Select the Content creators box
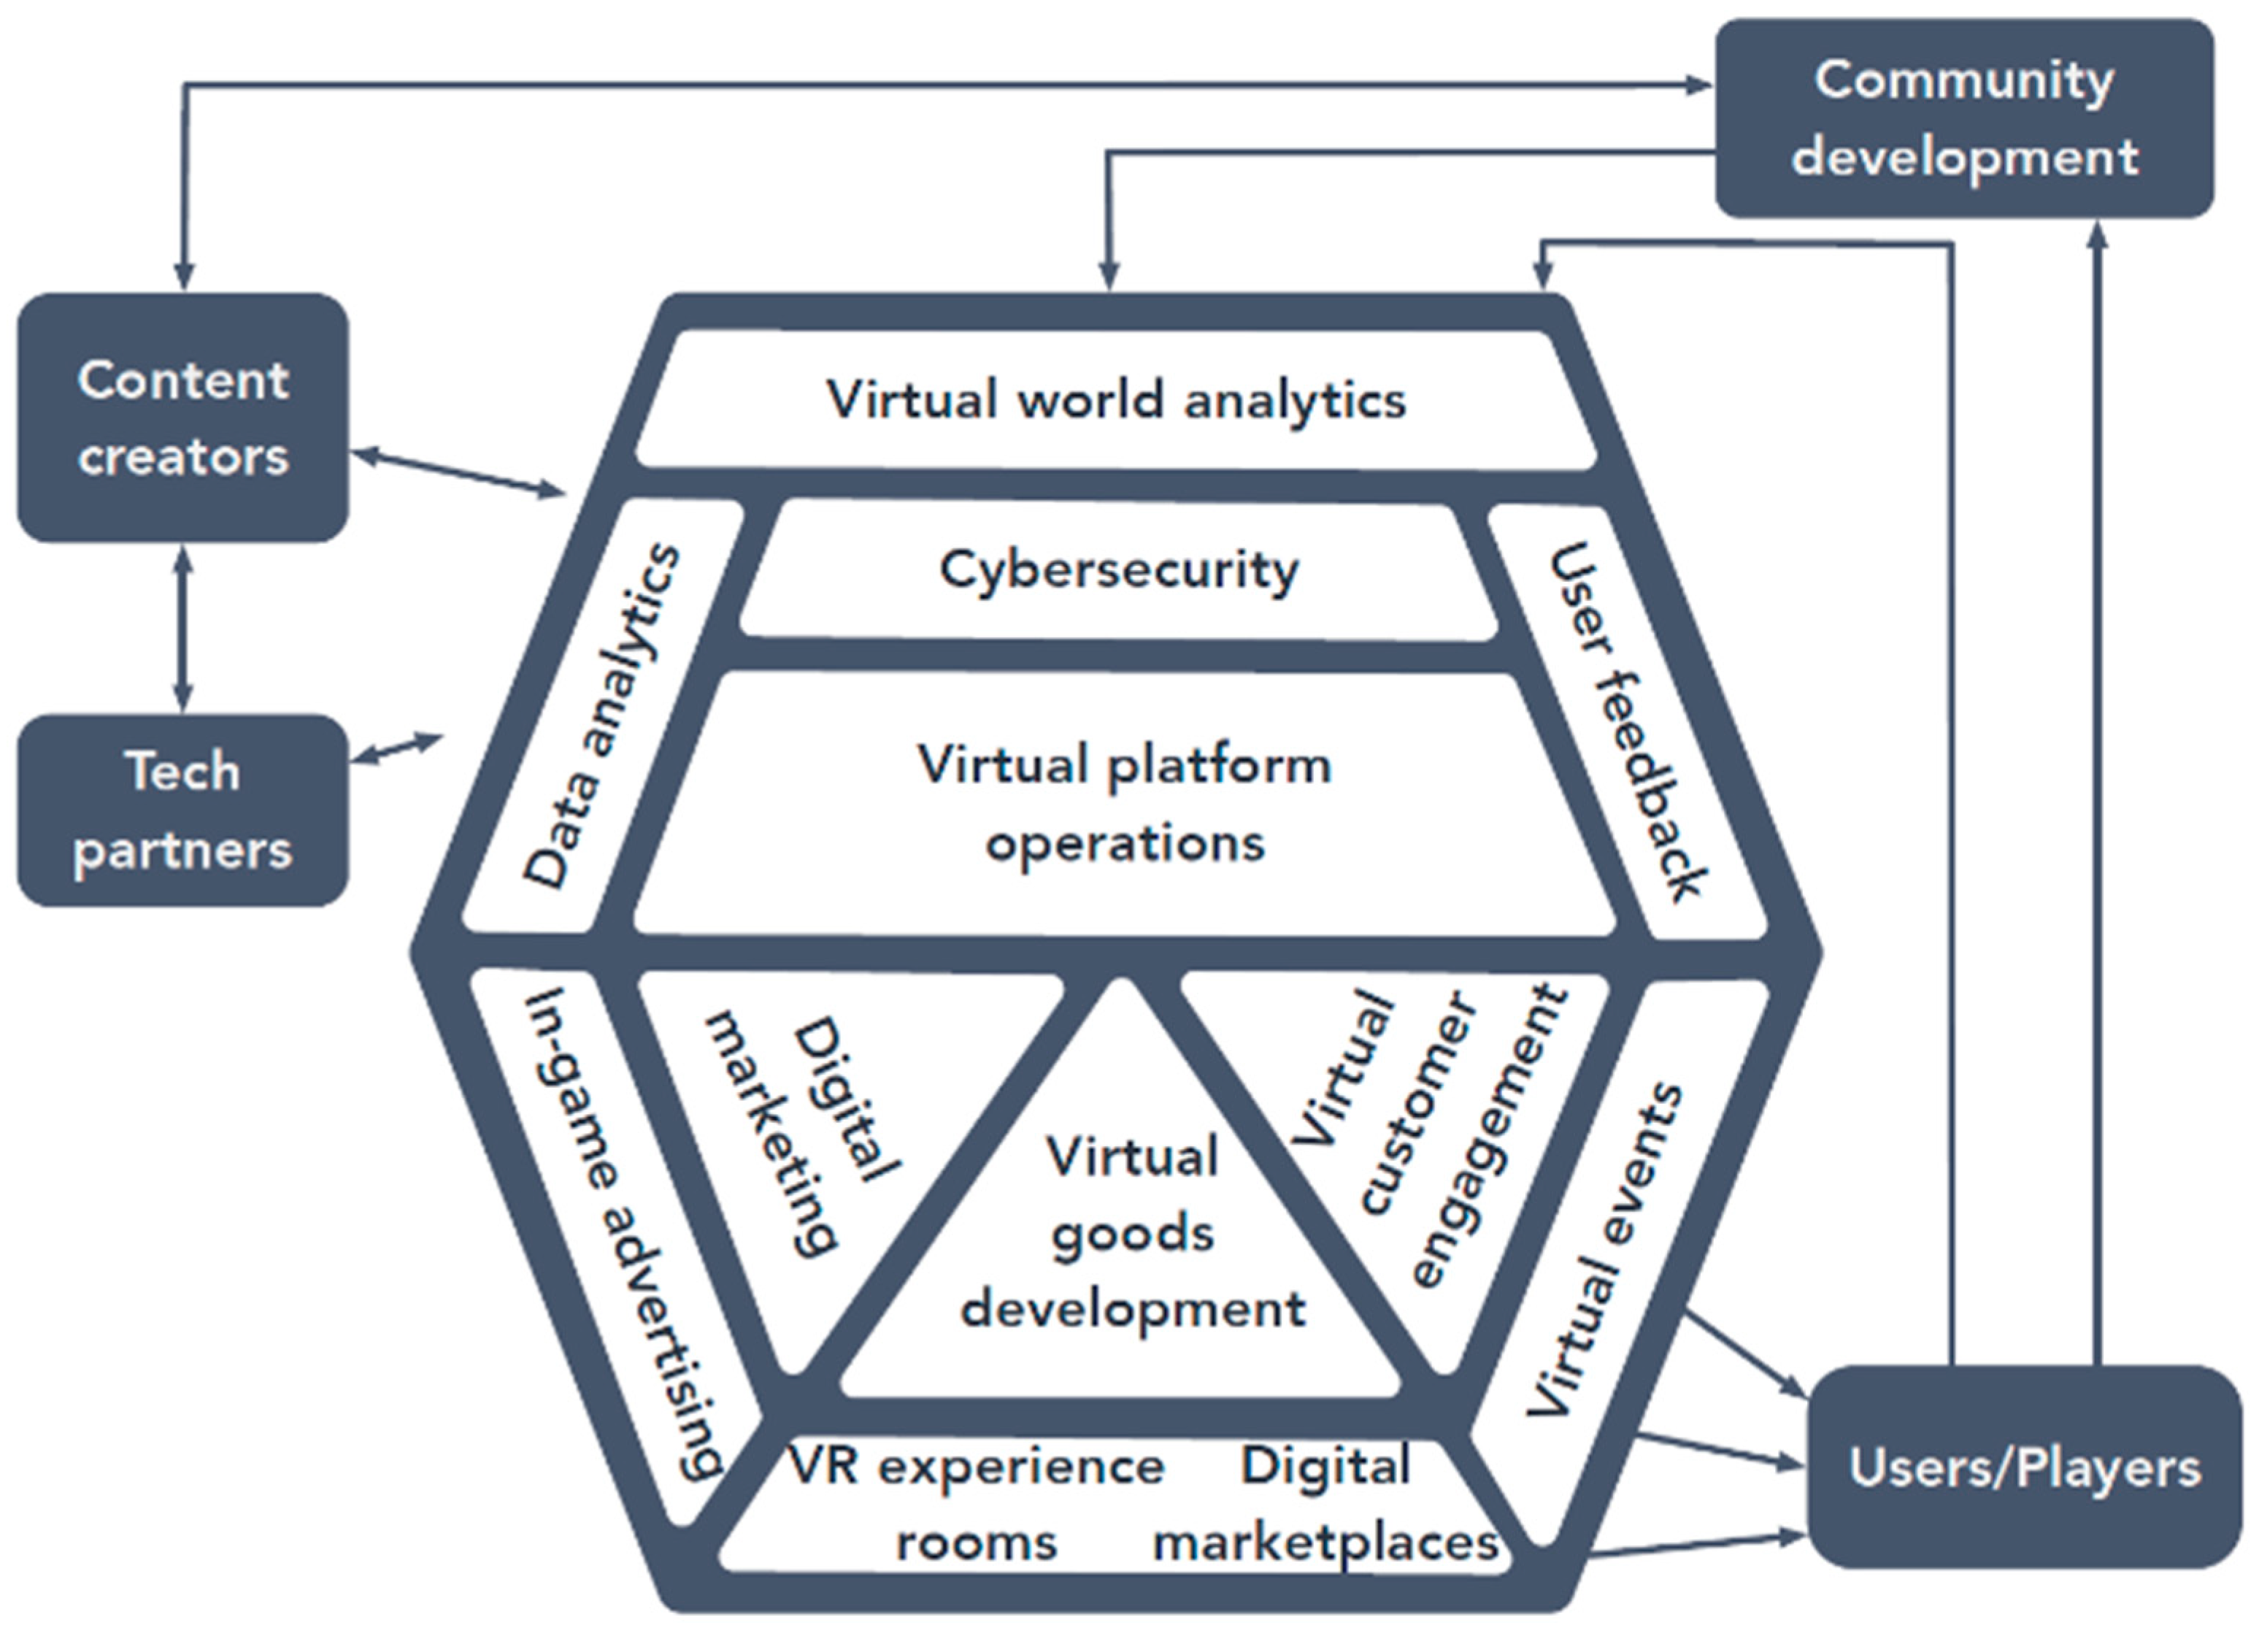tap(182, 418)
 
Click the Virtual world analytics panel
tap(1115, 399)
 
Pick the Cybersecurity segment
tap(1117, 570)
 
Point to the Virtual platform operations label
tap(1123, 803)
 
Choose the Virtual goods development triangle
tap(1131, 1235)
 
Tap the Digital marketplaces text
tap(1325, 1503)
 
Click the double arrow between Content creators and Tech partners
tap(182, 628)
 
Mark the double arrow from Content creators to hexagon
tap(458, 472)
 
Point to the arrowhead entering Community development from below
tap(2097, 235)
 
